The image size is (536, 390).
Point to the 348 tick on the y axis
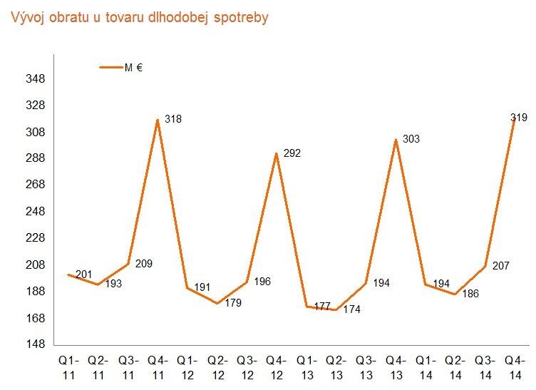pyautogui.click(x=36, y=79)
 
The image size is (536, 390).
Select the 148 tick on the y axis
pyautogui.click(x=36, y=344)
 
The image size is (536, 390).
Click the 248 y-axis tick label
pyautogui.click(x=36, y=212)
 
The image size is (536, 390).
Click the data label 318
pyautogui.click(x=173, y=119)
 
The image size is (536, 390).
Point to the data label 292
pyautogui.click(x=292, y=153)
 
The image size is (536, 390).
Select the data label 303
pyautogui.click(x=411, y=139)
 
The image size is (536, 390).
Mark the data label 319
pyautogui.click(x=519, y=117)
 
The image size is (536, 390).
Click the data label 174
pyautogui.click(x=352, y=310)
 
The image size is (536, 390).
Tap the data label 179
pyautogui.click(x=232, y=303)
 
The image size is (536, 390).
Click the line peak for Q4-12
pyautogui.click(x=277, y=153)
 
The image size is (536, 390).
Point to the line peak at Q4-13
pyautogui.click(x=396, y=139)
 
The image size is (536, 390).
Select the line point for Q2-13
pyautogui.click(x=336, y=309)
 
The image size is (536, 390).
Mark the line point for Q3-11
pyautogui.click(x=128, y=264)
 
